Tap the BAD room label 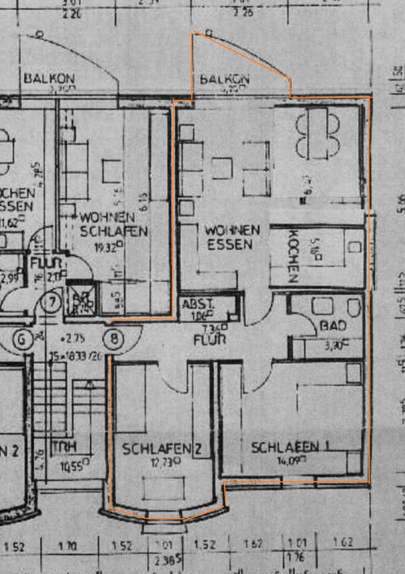point(333,326)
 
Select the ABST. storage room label point(198,304)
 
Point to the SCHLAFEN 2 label point(162,448)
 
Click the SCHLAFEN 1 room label point(290,447)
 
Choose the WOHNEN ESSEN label point(232,237)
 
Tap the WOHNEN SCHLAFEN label point(113,224)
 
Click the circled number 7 point(52,303)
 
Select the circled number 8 point(114,338)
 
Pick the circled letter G point(24,339)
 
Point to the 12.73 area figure point(163,461)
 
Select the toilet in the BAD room point(353,307)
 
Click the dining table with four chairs point(317,134)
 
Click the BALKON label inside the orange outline point(224,79)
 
